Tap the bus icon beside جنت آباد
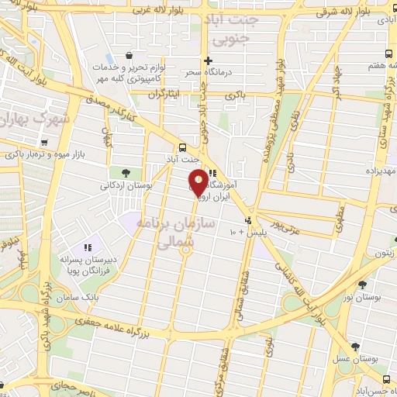point(182,147)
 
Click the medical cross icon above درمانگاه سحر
point(207,60)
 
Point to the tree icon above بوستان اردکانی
point(126,172)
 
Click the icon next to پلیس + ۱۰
point(247,220)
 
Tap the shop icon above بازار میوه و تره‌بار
point(45,143)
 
